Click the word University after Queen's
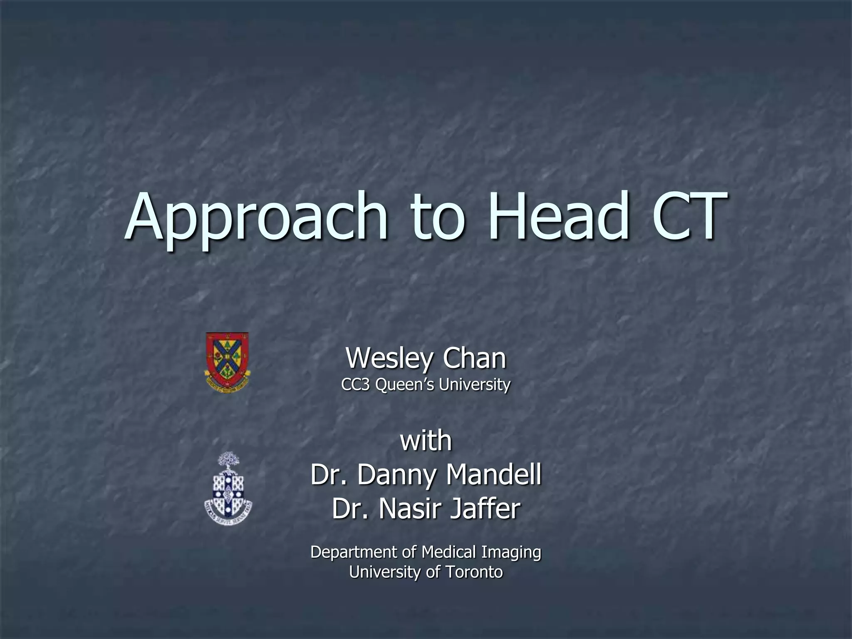coord(474,385)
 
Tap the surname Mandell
coord(493,475)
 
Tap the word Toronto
coord(474,572)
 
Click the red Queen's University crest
coord(228,362)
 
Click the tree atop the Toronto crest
coord(228,460)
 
